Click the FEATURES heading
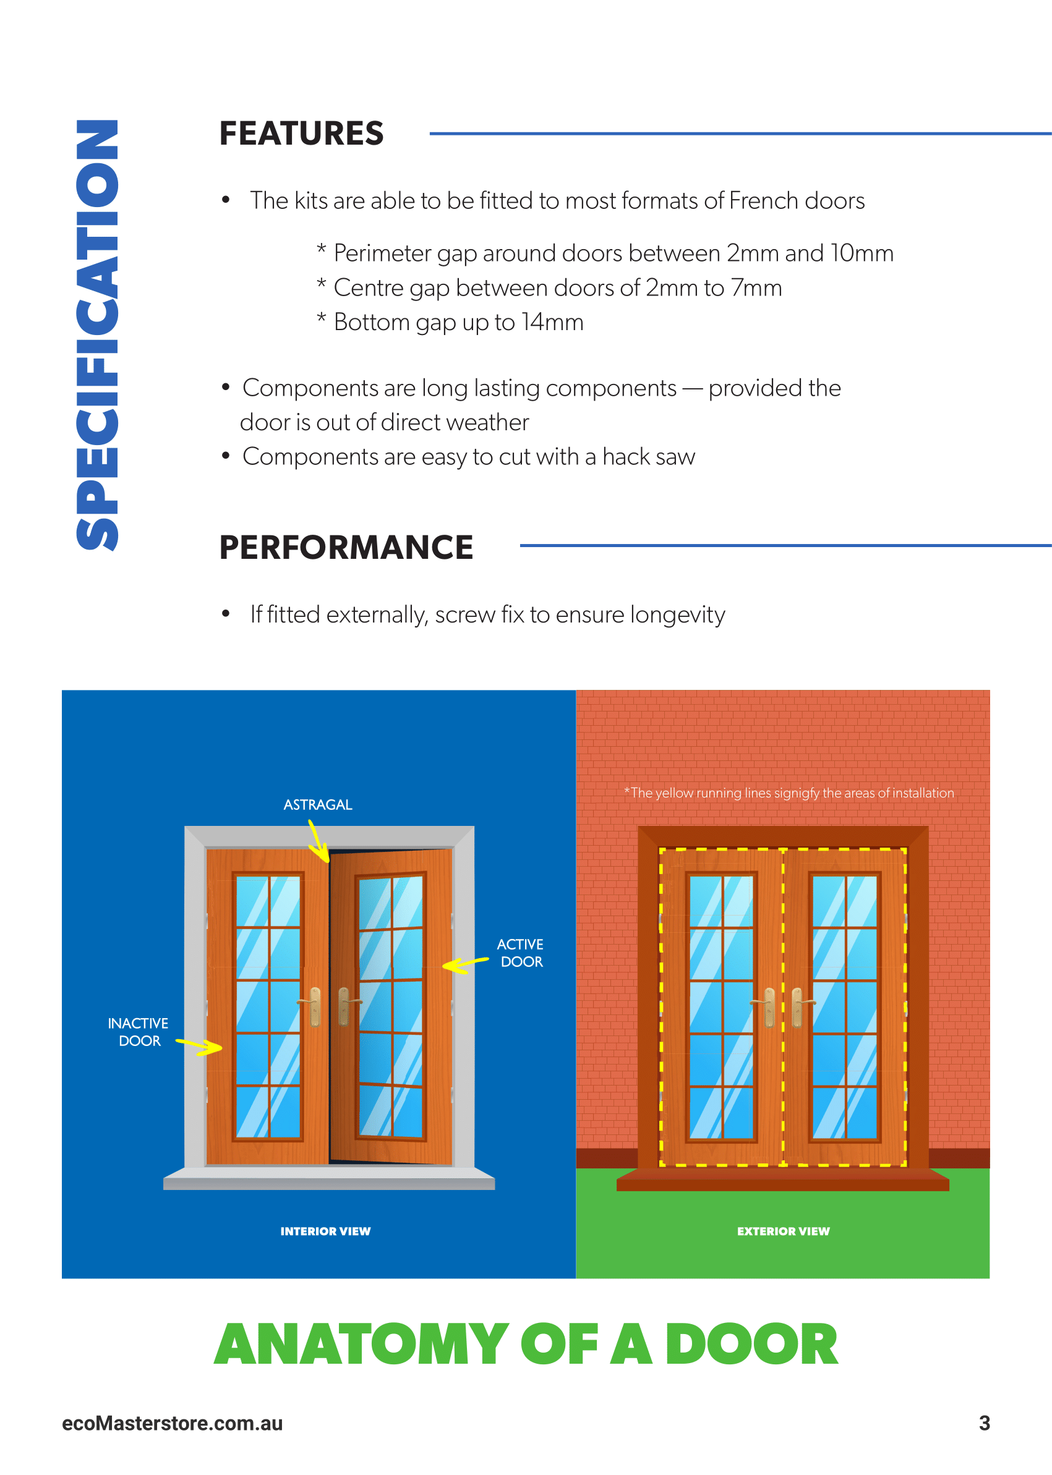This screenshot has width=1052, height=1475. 301,134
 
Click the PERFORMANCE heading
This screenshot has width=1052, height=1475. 346,547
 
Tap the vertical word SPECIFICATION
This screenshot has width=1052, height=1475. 97,335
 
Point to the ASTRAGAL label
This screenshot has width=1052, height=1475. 317,804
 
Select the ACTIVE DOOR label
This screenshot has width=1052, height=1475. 521,953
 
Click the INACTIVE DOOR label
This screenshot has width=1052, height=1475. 138,1032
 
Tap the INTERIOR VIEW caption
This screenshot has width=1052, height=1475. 325,1231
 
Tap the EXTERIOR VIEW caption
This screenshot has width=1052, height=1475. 782,1231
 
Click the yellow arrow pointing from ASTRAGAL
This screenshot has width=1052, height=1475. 318,841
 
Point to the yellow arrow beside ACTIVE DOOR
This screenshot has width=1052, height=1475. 464,965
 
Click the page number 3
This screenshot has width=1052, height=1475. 984,1422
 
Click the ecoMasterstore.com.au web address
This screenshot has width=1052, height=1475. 173,1423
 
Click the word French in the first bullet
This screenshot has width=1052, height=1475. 763,201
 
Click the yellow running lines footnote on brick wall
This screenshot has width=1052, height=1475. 789,793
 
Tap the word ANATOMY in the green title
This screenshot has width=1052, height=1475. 361,1344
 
